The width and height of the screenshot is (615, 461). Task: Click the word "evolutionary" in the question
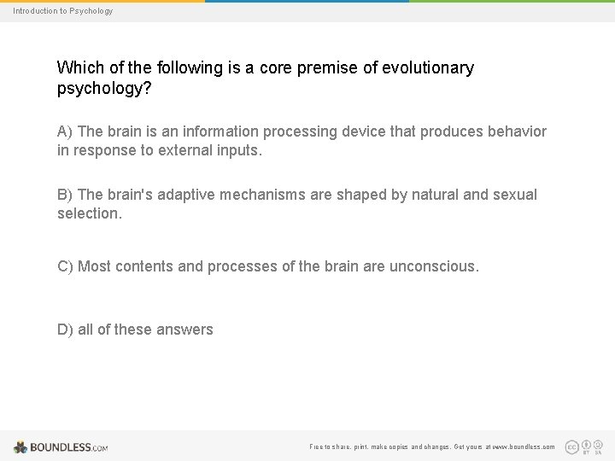pyautogui.click(x=429, y=68)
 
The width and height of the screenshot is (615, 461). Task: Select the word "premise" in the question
pyautogui.click(x=328, y=68)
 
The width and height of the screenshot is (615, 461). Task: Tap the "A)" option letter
pyautogui.click(x=66, y=131)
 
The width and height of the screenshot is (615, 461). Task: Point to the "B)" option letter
pyautogui.click(x=66, y=195)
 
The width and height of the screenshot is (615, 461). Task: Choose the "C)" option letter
pyautogui.click(x=66, y=266)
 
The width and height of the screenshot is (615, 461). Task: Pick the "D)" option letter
pyautogui.click(x=66, y=330)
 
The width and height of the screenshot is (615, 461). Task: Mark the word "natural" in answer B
pyautogui.click(x=432, y=195)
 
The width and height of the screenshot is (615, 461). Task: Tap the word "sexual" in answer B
pyautogui.click(x=514, y=195)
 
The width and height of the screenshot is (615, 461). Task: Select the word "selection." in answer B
pyautogui.click(x=90, y=213)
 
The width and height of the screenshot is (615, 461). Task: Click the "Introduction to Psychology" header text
pyautogui.click(x=62, y=11)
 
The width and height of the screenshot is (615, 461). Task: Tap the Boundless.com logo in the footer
pyautogui.click(x=61, y=446)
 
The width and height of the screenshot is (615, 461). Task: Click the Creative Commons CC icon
pyautogui.click(x=572, y=446)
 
